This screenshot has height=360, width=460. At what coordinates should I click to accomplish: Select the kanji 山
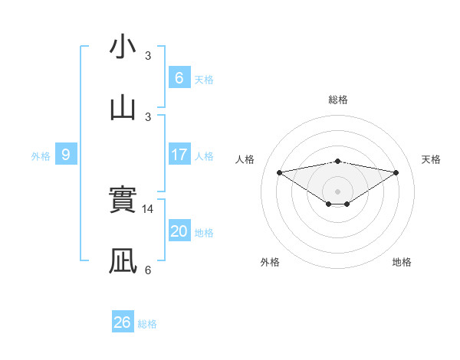coord(123,107)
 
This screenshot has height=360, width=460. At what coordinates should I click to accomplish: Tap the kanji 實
coord(123,201)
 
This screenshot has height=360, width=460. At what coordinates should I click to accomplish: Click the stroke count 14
coord(149,208)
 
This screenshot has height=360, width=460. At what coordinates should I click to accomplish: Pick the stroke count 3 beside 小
coord(148,56)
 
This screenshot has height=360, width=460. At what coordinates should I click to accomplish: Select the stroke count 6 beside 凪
coord(148,270)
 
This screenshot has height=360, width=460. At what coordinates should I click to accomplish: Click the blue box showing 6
coord(179,78)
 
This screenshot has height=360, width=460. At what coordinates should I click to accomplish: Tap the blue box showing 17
coord(179,155)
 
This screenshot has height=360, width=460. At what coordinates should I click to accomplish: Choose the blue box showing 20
coord(179,231)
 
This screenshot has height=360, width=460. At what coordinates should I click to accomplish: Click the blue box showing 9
coord(66,155)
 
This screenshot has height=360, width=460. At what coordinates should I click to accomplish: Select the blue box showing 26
coord(122,322)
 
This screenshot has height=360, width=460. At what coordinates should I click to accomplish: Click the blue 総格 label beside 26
coord(147,324)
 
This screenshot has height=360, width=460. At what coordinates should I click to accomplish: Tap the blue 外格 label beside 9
coord(41,156)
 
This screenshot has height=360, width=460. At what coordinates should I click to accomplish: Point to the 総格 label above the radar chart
coord(338,100)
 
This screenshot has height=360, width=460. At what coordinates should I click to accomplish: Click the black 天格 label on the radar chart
coord(432,159)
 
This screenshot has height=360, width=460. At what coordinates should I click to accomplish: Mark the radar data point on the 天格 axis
coord(396,172)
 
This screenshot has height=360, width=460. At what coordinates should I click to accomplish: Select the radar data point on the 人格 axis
coord(279,172)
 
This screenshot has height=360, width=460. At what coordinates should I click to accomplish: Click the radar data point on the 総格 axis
coord(338,161)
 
